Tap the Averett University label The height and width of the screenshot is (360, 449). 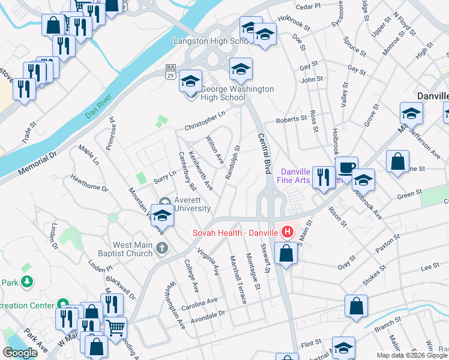(191, 204)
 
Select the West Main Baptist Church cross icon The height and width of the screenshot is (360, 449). (161, 247)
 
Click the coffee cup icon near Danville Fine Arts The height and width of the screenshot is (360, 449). (346, 168)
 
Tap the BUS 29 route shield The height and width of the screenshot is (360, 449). (170, 71)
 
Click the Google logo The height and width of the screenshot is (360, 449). (20, 353)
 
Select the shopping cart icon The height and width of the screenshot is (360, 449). (115, 327)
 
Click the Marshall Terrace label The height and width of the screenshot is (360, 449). (238, 280)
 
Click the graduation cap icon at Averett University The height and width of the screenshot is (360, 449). (161, 215)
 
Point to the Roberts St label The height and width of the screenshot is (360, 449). (291, 120)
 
